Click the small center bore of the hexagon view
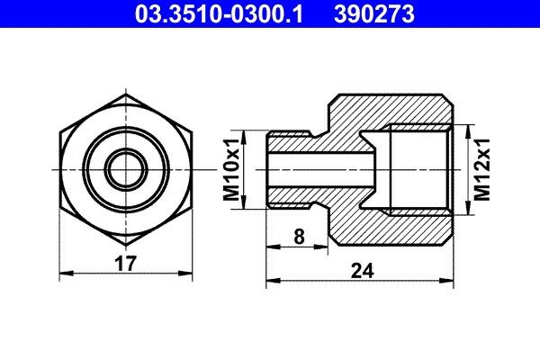(125, 168)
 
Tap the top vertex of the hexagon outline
(125, 94)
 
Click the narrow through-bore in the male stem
(319, 168)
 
